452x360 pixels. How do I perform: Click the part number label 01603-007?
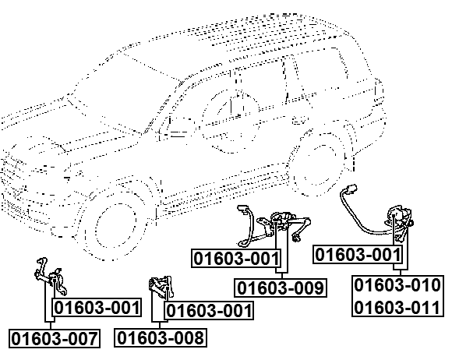coord(55,339)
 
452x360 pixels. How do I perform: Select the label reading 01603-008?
coord(161,338)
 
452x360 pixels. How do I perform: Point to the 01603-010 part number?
coord(397,285)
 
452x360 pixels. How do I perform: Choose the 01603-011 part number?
coord(397,307)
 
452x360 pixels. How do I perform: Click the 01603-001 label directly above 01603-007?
coord(97,308)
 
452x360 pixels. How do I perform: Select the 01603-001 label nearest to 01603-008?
coord(209,312)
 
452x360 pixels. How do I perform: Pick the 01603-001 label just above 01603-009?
coord(236,258)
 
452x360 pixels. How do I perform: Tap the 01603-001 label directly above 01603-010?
coord(358,254)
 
